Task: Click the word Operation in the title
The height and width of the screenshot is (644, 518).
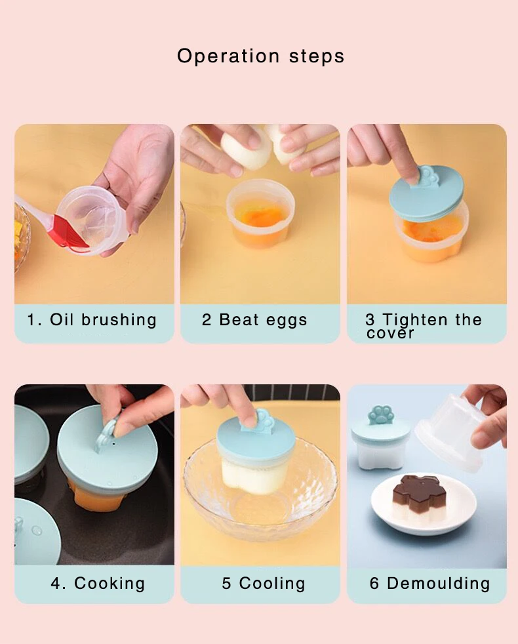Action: (x=228, y=56)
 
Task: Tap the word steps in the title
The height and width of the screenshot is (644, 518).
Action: (x=317, y=56)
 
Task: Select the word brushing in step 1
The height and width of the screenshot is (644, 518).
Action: (x=119, y=320)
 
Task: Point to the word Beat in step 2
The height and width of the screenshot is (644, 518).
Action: (x=238, y=320)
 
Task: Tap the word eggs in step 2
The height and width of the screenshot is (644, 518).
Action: (x=287, y=321)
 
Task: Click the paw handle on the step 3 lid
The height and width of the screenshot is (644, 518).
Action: (x=428, y=177)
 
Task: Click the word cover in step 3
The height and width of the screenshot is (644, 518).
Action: (x=390, y=333)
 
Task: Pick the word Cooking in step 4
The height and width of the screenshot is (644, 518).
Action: (x=110, y=584)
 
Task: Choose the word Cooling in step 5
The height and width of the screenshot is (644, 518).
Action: (x=272, y=584)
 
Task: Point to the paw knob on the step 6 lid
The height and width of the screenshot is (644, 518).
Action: (x=380, y=415)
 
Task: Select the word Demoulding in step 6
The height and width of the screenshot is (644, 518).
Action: (x=438, y=583)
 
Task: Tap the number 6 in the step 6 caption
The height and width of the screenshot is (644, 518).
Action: (x=374, y=584)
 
